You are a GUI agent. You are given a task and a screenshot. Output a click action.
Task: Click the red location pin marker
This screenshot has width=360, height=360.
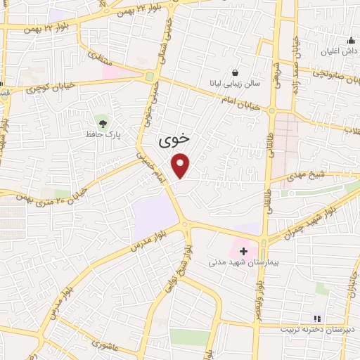(x=181, y=166)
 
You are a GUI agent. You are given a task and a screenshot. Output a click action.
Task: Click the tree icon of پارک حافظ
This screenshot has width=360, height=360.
(x=103, y=123)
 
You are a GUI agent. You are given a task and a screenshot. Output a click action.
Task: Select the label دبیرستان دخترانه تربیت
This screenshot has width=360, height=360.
(x=316, y=329)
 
